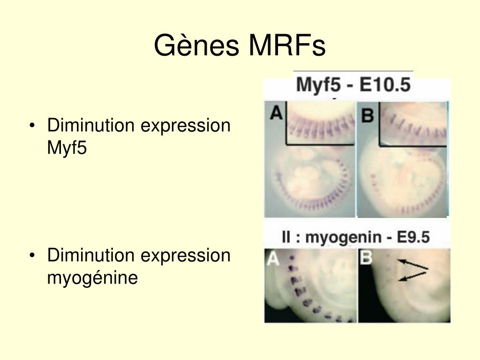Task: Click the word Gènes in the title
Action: pyautogui.click(x=196, y=45)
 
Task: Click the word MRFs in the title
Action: pyautogui.click(x=287, y=45)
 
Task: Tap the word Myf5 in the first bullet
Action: pyautogui.click(x=67, y=148)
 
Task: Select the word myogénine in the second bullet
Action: pyautogui.click(x=92, y=278)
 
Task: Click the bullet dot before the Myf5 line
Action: pyautogui.click(x=32, y=126)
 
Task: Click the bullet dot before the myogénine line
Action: pyautogui.click(x=32, y=255)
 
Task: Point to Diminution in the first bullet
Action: pyautogui.click(x=90, y=125)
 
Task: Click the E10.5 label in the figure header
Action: pyautogui.click(x=385, y=84)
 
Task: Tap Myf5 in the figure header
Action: pyautogui.click(x=318, y=85)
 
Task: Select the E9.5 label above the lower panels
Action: pyautogui.click(x=413, y=237)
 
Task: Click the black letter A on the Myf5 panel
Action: pyautogui.click(x=276, y=112)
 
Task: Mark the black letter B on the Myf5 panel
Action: pyautogui.click(x=367, y=115)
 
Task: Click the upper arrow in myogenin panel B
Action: pyautogui.click(x=412, y=264)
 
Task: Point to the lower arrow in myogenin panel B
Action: pyautogui.click(x=412, y=276)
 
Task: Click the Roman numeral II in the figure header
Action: pyautogui.click(x=286, y=237)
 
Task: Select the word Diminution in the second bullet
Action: pyautogui.click(x=90, y=255)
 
